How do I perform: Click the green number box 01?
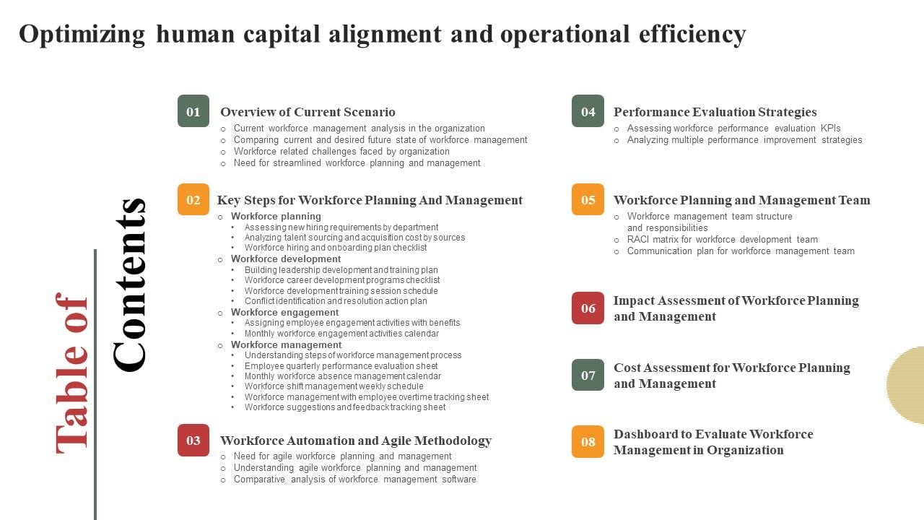point(193,111)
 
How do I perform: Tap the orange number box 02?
point(193,199)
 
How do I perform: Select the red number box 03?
point(193,440)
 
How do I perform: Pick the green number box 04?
point(588,111)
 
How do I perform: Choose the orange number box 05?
point(588,199)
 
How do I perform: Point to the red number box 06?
point(588,308)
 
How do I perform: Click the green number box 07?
point(588,375)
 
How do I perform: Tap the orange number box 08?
point(588,441)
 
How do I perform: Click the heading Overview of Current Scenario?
point(308,112)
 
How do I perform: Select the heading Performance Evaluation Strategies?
point(715,112)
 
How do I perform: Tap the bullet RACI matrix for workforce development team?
point(722,240)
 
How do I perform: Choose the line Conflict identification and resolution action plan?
point(336,301)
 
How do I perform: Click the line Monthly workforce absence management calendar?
point(342,376)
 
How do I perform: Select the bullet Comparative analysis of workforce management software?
point(354,480)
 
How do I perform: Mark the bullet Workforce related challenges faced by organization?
point(341,152)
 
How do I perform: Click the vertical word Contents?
point(130,285)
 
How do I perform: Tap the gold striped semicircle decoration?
point(907,385)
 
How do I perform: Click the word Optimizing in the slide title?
point(82,34)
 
